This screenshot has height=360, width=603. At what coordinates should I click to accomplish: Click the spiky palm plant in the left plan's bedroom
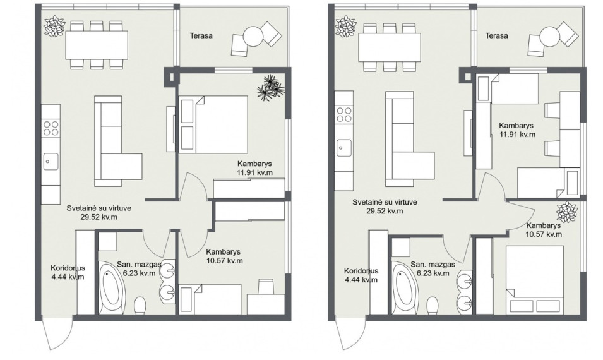271,88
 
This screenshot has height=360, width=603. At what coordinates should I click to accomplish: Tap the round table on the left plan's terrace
253,36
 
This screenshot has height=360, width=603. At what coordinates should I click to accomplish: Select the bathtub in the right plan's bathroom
403,286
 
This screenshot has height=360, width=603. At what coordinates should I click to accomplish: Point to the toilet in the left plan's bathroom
140,306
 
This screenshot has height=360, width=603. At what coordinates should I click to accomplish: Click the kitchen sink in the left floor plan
51,161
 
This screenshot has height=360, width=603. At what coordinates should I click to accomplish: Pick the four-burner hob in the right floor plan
343,114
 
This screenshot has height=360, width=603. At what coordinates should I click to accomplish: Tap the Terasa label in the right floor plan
496,36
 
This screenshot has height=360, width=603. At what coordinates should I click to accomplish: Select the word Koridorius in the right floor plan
361,271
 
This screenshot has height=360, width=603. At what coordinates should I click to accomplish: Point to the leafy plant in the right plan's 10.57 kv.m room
567,212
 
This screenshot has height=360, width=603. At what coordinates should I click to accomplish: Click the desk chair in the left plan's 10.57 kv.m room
266,287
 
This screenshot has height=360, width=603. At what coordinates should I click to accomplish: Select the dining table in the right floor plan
390,47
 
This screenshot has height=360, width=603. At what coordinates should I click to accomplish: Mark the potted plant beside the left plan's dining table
54,26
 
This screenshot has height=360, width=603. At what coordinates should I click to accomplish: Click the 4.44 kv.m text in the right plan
361,280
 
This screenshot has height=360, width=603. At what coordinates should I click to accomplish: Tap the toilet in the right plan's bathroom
433,306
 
